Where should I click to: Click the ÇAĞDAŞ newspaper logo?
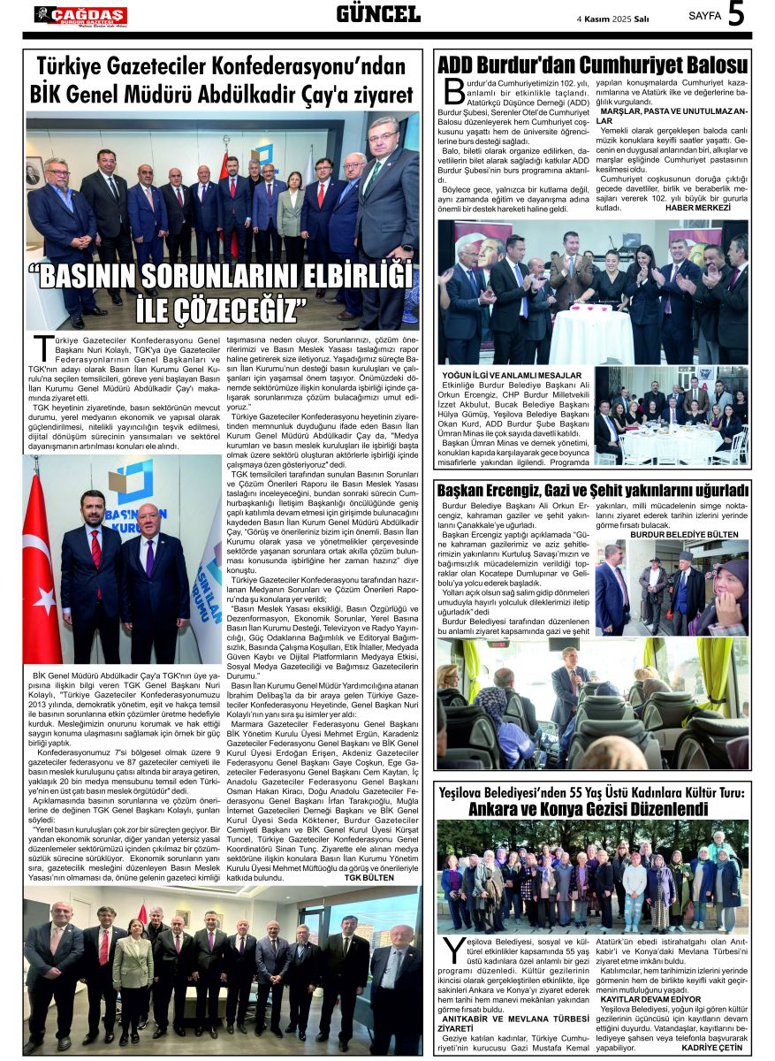[x=80, y=15]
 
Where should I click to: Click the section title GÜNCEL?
[x=378, y=13]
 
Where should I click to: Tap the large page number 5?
[x=736, y=14]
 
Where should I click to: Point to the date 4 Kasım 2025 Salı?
[x=612, y=17]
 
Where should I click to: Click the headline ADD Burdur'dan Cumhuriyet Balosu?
[x=592, y=65]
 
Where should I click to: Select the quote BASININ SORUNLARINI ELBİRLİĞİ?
[x=225, y=278]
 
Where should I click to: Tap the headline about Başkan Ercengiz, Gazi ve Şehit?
[x=592, y=491]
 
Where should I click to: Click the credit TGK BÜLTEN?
[x=369, y=878]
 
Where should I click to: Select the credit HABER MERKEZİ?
[x=699, y=208]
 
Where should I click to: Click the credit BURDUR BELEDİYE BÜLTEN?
[x=684, y=535]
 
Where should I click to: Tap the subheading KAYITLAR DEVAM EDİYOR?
[x=650, y=999]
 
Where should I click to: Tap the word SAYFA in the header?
[x=704, y=15]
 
